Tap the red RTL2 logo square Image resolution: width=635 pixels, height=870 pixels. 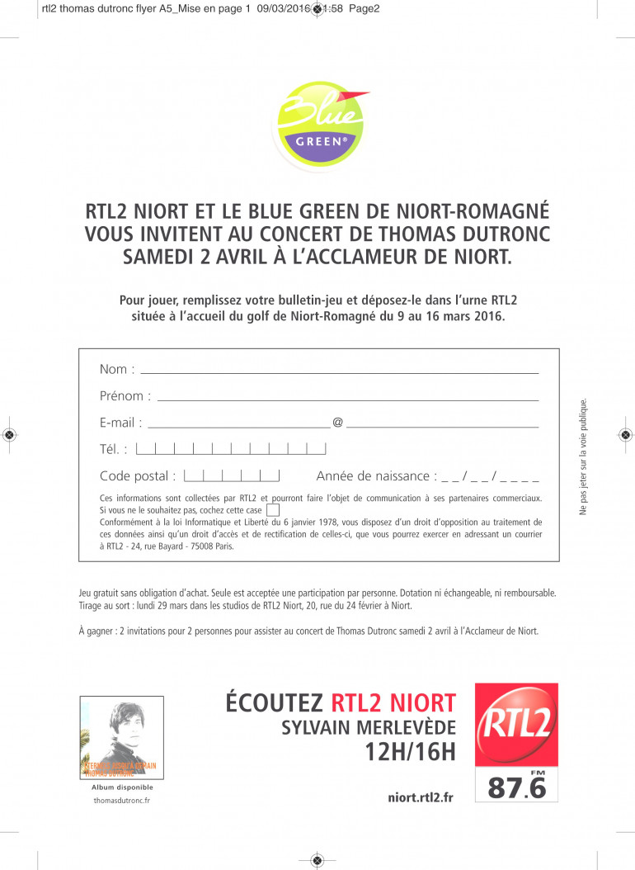tap(516, 724)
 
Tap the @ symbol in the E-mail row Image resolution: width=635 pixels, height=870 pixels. tap(337, 423)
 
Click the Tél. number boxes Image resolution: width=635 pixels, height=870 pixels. tap(231, 449)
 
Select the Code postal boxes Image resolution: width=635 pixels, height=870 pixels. tap(232, 475)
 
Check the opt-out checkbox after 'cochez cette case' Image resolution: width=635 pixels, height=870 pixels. tap(273, 510)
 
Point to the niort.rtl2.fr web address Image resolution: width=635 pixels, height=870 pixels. tap(420, 797)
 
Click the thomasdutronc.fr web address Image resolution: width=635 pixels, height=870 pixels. tap(122, 800)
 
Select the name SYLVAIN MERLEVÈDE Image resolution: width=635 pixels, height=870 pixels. tap(369, 727)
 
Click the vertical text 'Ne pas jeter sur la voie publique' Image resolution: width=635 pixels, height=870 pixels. tap(583, 457)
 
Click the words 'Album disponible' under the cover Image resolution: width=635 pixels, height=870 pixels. tap(122, 787)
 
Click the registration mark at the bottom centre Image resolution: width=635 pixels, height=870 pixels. tap(317, 861)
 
